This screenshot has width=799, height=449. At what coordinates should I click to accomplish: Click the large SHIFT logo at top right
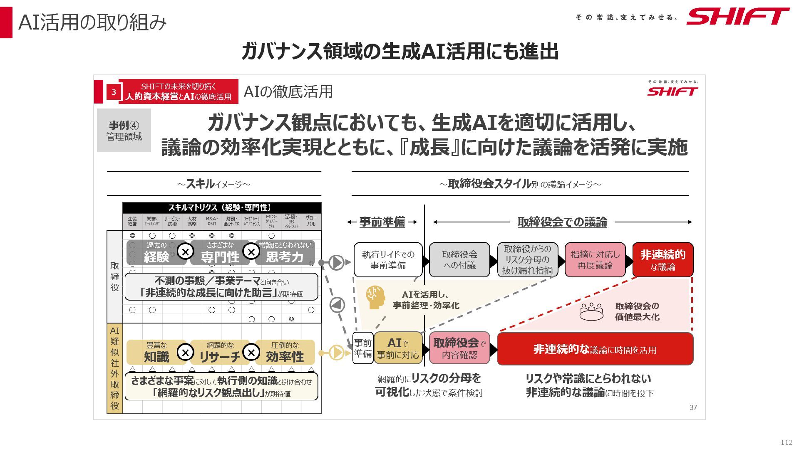point(737,17)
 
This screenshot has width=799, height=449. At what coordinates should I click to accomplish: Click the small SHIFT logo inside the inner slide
point(672,91)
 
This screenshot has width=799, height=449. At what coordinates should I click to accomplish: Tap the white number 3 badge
point(114,92)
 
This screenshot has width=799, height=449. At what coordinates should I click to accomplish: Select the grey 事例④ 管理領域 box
point(124,131)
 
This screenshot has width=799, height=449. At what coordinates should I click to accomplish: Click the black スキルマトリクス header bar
point(222,207)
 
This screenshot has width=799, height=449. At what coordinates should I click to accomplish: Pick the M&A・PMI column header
point(212,221)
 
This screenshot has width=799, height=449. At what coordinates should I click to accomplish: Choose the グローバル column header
point(311,221)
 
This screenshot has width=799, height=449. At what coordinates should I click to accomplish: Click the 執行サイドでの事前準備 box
point(388,260)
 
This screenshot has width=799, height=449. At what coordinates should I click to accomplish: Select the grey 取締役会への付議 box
point(459,260)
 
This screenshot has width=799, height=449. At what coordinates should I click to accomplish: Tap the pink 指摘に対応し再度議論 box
point(595,260)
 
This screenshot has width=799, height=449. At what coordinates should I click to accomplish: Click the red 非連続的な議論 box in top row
point(663,260)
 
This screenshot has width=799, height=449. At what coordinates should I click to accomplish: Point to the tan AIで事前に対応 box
point(398,348)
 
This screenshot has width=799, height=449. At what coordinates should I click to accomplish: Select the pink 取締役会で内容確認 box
point(459,348)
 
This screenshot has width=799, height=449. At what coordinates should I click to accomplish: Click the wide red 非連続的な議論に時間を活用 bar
point(595,349)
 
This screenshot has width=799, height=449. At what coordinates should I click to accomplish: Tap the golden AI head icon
point(375,297)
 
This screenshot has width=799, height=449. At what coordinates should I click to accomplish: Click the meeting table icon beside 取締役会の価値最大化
point(591,312)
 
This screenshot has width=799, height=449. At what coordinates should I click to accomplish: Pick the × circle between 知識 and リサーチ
point(186,353)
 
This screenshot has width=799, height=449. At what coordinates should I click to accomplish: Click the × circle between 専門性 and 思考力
point(251,251)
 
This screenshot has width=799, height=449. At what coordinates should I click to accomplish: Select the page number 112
point(786,442)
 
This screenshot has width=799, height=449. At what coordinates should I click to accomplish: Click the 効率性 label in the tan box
point(285,357)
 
